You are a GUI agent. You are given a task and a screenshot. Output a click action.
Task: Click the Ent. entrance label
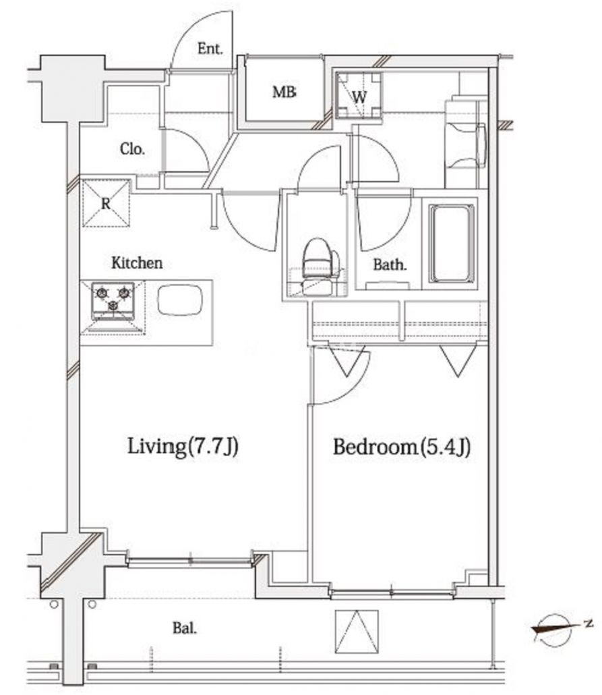[210, 49]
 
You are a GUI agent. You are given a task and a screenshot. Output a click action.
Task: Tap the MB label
[284, 92]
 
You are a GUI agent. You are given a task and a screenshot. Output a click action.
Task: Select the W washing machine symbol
[359, 95]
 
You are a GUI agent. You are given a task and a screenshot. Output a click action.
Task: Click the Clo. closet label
[132, 149]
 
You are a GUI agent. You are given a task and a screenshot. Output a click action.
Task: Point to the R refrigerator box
[107, 203]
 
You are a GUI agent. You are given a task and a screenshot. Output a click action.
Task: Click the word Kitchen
[136, 263]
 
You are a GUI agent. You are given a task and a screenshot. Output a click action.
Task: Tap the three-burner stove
[113, 301]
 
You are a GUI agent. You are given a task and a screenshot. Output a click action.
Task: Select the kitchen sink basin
[180, 300]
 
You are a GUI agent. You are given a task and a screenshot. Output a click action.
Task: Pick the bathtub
[452, 244]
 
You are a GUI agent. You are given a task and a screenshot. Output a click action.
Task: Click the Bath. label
[390, 265]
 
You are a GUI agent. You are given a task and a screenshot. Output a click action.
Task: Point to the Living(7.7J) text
[183, 446]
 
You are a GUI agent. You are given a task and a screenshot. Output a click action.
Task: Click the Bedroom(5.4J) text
[401, 447]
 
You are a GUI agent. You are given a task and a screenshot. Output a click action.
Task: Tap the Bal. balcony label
[185, 628]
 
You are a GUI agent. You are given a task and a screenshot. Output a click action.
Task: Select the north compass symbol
[559, 628]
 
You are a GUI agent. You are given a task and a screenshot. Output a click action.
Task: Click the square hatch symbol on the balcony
[357, 631]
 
